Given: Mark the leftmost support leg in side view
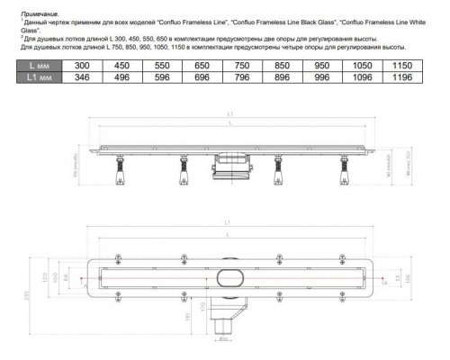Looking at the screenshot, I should click(117, 170).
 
